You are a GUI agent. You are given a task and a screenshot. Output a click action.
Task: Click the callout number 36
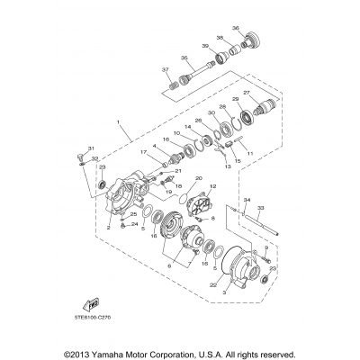(x=236, y=26)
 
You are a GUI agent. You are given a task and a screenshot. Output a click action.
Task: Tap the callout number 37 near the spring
(x=165, y=69)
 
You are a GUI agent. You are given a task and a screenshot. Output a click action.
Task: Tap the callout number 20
(x=199, y=178)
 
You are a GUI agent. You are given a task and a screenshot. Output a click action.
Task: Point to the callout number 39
(x=206, y=46)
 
